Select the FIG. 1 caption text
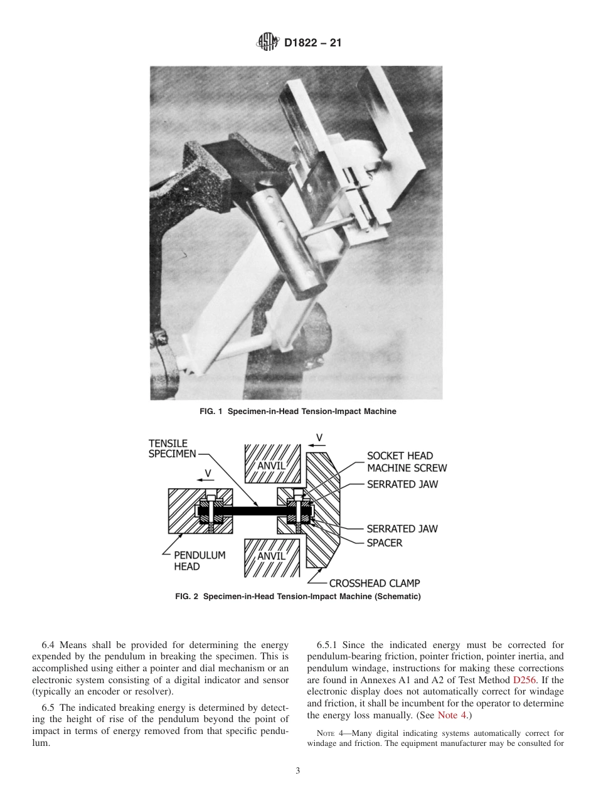[x=298, y=412]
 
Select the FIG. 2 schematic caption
[x=298, y=596]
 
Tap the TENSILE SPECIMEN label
[x=172, y=449]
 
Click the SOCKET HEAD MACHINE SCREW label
[x=407, y=462]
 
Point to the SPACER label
[x=385, y=543]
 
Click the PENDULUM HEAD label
[x=199, y=561]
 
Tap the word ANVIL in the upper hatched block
[x=271, y=465]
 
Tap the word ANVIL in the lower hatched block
[x=271, y=556]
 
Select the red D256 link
[x=524, y=679]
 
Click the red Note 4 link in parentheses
[x=455, y=715]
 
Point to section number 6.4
[x=50, y=645]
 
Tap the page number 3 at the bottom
[x=298, y=771]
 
